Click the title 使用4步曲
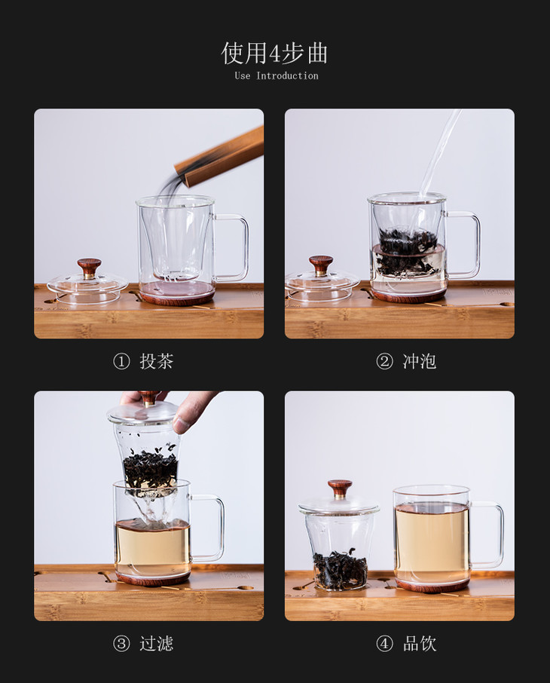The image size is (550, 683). [x=274, y=53]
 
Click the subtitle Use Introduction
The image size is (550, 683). [x=277, y=76]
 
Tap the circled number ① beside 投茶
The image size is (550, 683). [x=121, y=362]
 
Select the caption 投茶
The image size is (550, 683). [x=157, y=362]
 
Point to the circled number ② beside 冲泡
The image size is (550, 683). [x=384, y=362]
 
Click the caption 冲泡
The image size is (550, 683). [x=420, y=362]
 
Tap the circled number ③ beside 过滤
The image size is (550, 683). [x=121, y=644]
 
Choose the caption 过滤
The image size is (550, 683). [x=157, y=644]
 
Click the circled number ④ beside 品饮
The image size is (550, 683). [x=384, y=644]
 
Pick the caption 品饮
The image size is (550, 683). [x=420, y=644]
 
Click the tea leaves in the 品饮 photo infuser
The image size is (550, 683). [x=340, y=568]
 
